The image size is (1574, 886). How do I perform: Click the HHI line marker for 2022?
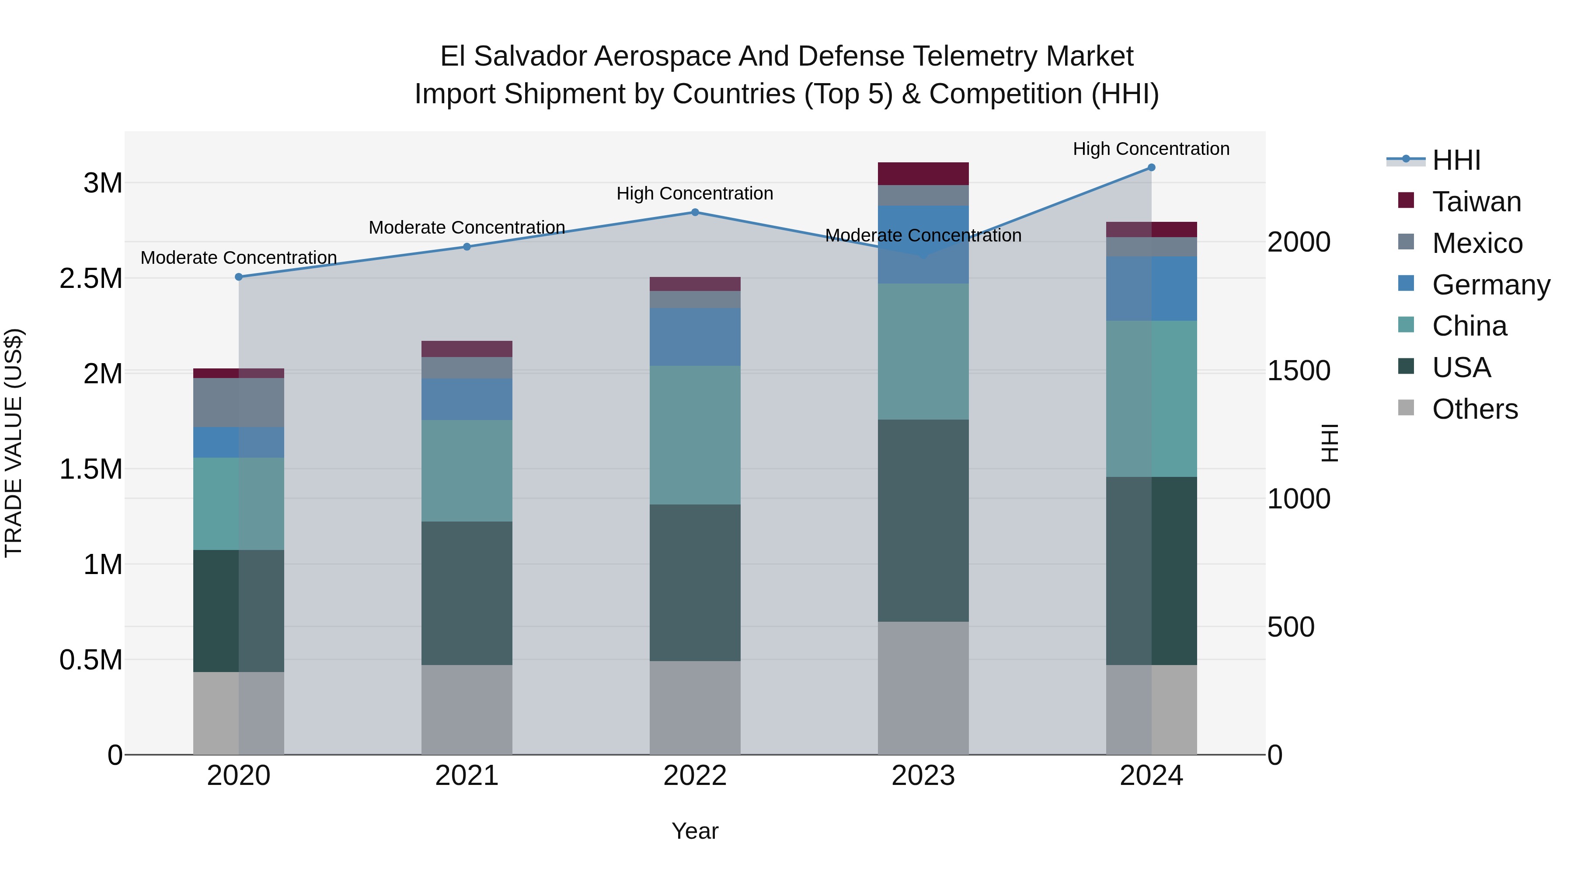(695, 212)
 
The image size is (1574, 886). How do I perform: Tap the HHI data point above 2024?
(1151, 168)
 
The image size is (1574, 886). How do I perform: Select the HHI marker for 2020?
(239, 277)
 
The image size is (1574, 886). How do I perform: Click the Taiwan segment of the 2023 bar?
(923, 174)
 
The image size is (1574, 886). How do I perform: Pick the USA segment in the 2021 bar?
(467, 593)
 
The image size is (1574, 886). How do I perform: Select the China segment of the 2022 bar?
(695, 435)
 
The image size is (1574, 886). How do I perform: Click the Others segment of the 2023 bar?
(923, 688)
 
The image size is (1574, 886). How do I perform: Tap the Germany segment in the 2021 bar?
(467, 399)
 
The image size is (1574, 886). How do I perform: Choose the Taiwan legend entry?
(1476, 202)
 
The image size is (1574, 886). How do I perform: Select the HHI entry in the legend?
(1456, 160)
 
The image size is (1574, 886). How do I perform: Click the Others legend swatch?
(1406, 408)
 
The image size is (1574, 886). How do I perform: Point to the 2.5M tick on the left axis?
(91, 279)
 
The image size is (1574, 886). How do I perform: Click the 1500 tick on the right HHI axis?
(1299, 371)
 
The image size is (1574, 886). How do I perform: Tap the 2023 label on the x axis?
(923, 776)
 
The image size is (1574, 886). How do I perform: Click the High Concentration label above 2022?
(695, 193)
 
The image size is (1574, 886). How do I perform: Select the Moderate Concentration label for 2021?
(467, 228)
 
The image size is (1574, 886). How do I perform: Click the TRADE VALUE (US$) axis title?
(14, 443)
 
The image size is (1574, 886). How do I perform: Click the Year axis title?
(695, 831)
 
